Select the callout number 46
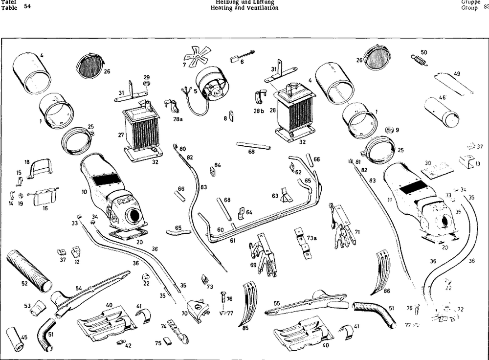[x=442, y=98]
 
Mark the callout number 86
[x=387, y=291]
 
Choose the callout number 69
[x=253, y=265]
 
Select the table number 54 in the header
[x=27, y=6]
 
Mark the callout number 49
[x=457, y=74]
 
